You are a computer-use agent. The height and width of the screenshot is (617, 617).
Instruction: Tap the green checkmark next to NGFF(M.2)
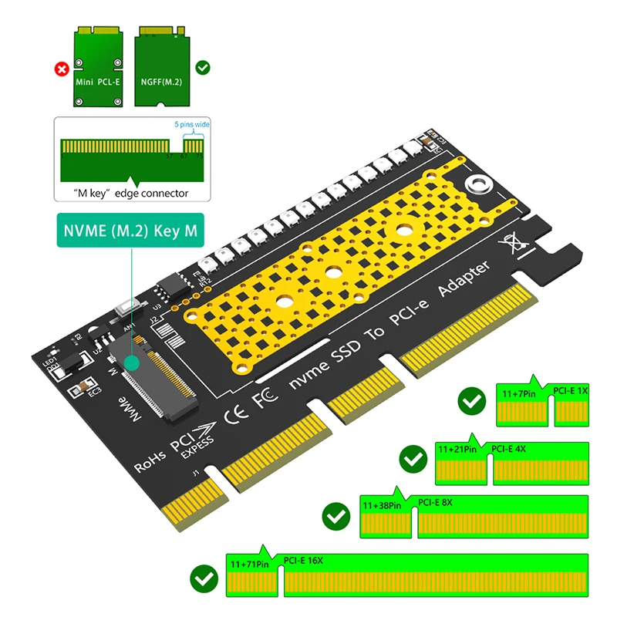coord(203,68)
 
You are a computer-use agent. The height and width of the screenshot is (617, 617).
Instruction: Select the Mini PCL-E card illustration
coord(99,65)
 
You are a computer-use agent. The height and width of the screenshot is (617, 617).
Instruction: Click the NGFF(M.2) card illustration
coord(161,65)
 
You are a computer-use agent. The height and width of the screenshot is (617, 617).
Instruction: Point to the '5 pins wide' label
coord(190,124)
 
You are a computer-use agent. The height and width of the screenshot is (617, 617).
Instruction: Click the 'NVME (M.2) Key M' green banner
coord(129,231)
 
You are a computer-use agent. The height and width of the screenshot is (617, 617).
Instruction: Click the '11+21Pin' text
coord(457,449)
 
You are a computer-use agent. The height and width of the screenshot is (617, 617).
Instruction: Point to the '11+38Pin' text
coord(382,506)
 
